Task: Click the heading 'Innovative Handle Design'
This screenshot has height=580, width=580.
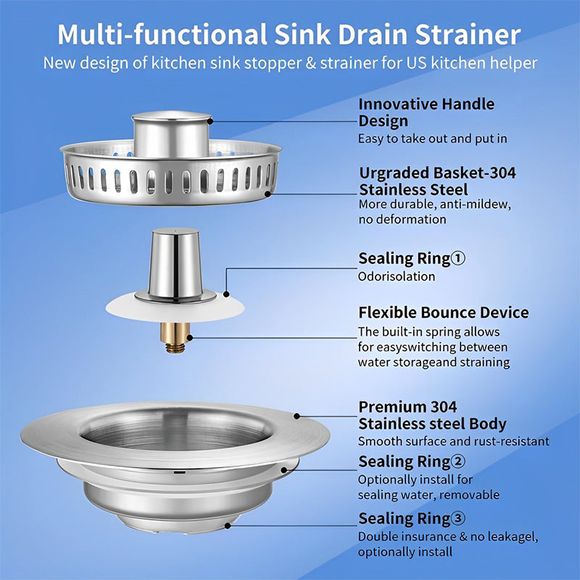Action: coord(426,112)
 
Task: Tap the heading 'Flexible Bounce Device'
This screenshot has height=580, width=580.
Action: coord(443,312)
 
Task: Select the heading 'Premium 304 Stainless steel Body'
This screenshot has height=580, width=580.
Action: coord(432,415)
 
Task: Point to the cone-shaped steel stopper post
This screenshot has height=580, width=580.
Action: coord(173,265)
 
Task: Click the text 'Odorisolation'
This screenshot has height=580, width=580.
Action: coord(397,276)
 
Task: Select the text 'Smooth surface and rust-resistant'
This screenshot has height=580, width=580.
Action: coord(453,441)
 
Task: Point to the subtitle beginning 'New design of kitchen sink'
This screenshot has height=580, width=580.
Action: coord(289,62)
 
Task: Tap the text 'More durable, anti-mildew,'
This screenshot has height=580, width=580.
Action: coord(434,204)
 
